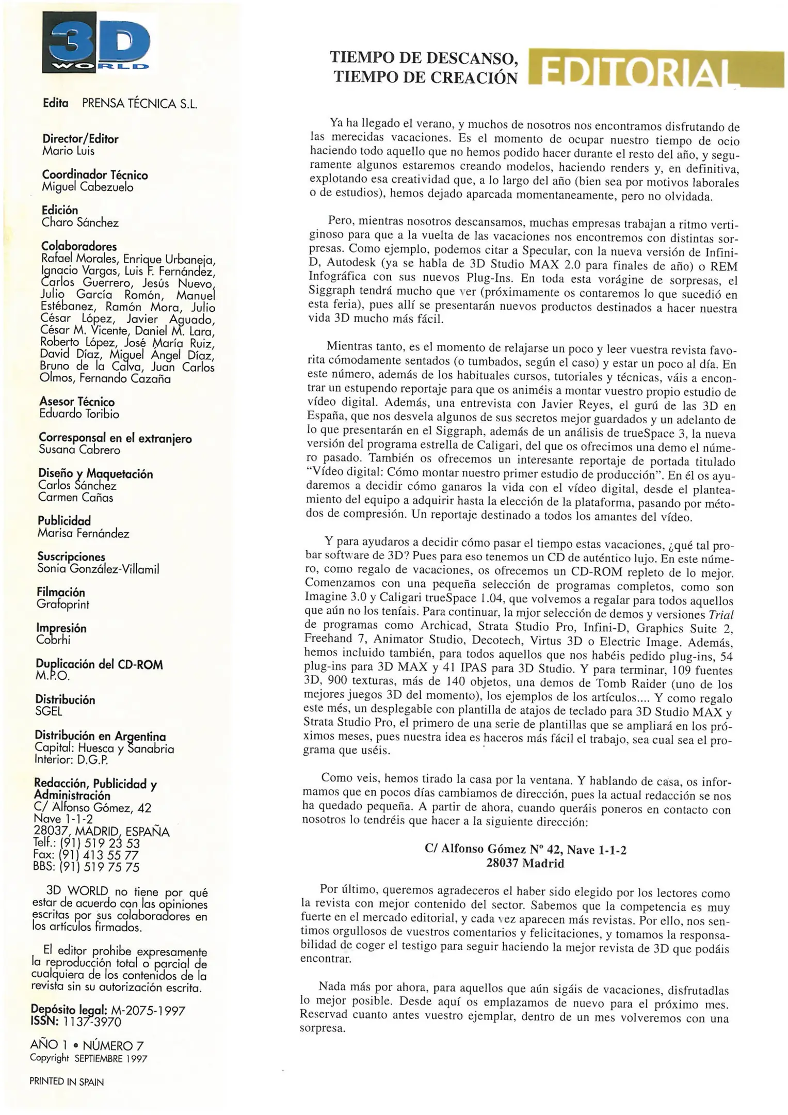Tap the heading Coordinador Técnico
point(95,176)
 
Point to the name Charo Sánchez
point(80,223)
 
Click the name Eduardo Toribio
point(79,414)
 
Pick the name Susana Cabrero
point(79,450)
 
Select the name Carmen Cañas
point(75,498)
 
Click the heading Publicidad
point(64,521)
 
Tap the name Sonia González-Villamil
point(98,569)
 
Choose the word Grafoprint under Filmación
point(63,604)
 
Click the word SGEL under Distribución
point(49,712)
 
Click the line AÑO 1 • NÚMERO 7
point(87,1046)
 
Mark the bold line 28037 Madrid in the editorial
point(525,864)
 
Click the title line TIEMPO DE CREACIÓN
point(425,77)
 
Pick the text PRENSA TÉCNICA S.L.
point(140,104)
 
